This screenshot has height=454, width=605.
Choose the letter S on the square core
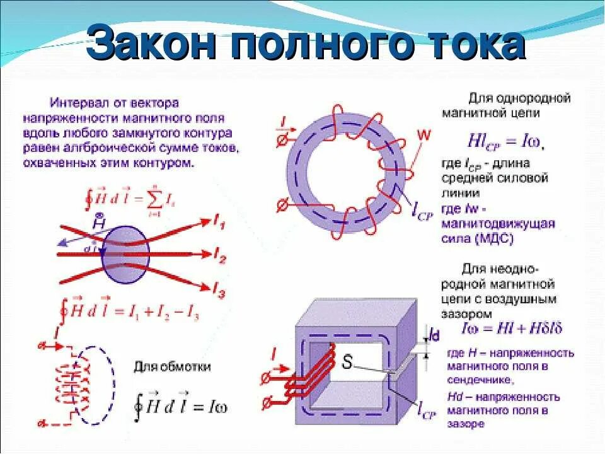coord(347,362)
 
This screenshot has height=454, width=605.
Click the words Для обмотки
coord(171,368)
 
